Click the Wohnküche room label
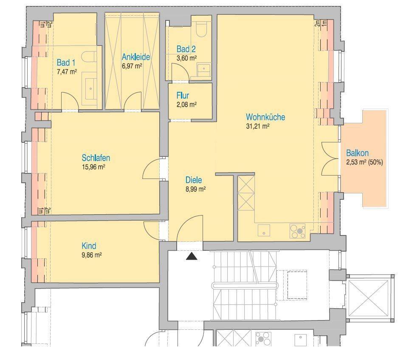tap(265, 117)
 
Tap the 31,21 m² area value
tap(258, 126)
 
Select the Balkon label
tap(357, 153)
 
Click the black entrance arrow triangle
tap(192, 256)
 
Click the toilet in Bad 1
tap(89, 57)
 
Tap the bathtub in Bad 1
tap(90, 88)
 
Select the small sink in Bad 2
tap(204, 69)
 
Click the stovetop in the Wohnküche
tap(298, 230)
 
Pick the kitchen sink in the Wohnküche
tap(264, 230)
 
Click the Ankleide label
tap(136, 57)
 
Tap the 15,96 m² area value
tap(93, 167)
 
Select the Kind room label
tap(89, 246)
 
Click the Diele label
tap(194, 180)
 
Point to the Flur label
tap(183, 96)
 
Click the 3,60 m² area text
tap(186, 58)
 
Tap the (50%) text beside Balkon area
tap(375, 162)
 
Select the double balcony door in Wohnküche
tap(330, 159)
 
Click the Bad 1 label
tap(66, 62)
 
